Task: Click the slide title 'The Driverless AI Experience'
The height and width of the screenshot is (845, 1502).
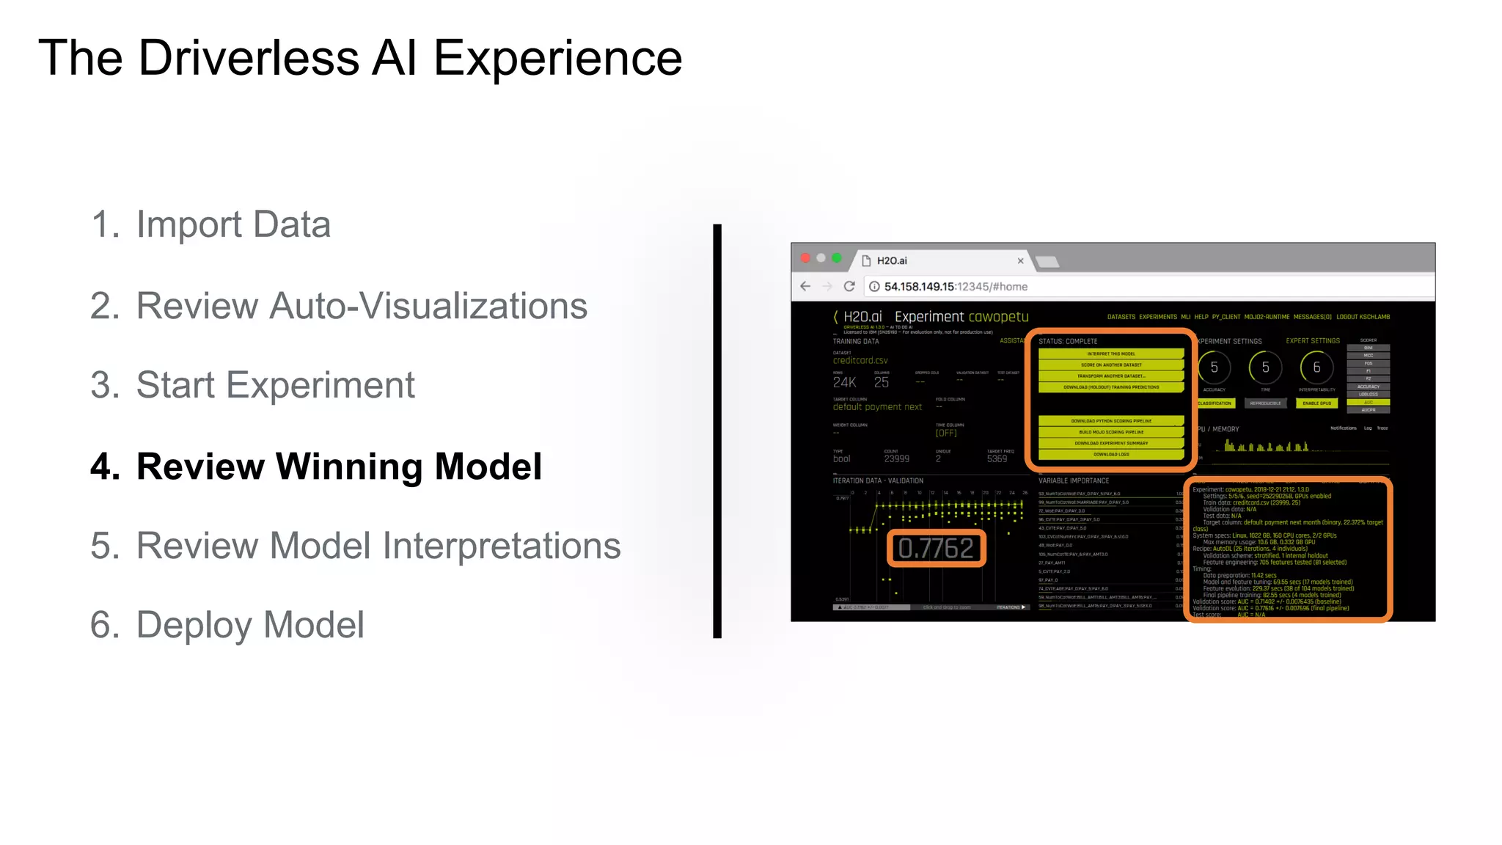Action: click(x=359, y=58)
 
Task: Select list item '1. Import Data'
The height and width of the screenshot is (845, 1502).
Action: click(x=210, y=224)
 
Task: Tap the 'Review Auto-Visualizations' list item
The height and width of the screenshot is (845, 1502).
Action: click(x=338, y=306)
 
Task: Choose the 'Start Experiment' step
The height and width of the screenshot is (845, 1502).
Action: click(x=252, y=385)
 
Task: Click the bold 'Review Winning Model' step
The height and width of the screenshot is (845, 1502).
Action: click(x=316, y=467)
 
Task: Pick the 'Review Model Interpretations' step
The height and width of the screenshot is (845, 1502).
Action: click(x=355, y=546)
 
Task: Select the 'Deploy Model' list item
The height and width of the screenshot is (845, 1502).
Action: click(x=227, y=625)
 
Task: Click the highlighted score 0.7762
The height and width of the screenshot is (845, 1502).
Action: click(x=936, y=549)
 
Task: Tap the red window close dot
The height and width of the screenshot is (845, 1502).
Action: click(x=805, y=258)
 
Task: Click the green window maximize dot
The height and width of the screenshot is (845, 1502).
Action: click(x=837, y=258)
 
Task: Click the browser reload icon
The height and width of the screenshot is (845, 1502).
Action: click(x=849, y=287)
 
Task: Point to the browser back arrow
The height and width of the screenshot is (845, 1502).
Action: click(x=805, y=287)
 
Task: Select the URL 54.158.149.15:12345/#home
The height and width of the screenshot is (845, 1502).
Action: click(x=955, y=287)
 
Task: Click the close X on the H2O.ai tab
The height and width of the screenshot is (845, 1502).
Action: click(x=1020, y=261)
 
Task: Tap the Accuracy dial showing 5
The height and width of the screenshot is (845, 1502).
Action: click(x=1214, y=367)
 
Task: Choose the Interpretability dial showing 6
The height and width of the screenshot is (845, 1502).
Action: click(x=1316, y=367)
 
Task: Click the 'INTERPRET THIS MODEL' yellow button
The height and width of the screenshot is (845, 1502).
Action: click(x=1111, y=354)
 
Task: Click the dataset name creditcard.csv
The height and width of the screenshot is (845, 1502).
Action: click(x=860, y=360)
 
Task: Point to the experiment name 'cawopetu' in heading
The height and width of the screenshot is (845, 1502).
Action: click(x=998, y=317)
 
